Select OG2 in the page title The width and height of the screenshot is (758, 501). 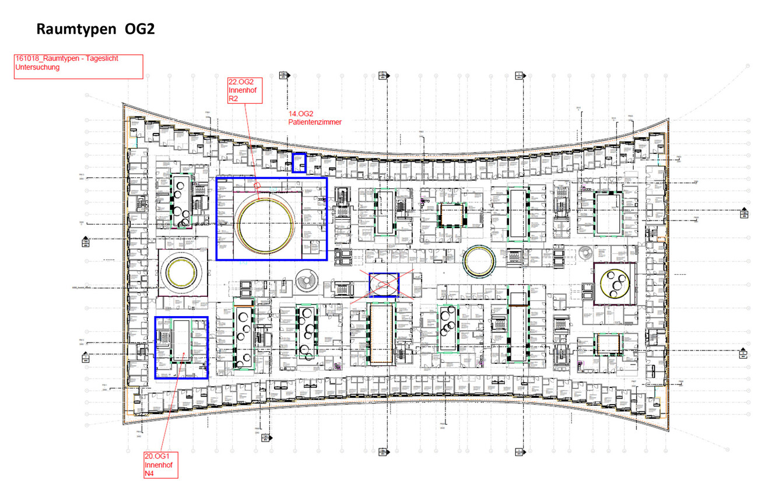coord(140,29)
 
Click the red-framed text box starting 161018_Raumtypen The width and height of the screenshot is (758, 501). coord(78,66)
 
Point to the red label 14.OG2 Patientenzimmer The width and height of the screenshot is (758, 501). coord(314,118)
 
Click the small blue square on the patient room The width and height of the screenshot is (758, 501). coord(299,162)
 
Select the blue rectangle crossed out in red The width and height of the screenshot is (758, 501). coord(384,285)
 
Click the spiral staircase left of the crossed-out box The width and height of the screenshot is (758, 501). coord(307,282)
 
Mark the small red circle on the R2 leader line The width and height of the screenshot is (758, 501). coord(257,187)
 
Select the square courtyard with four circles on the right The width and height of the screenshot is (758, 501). coord(615,283)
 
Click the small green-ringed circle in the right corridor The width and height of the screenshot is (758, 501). coord(479,261)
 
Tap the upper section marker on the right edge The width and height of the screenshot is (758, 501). coord(744,213)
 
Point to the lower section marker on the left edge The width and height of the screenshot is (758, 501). coord(86,356)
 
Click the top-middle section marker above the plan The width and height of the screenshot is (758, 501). coord(382,75)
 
